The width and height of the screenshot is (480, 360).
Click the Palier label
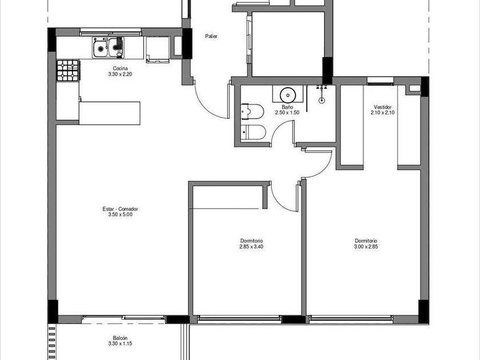pyautogui.click(x=211, y=37)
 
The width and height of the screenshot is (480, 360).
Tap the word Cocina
pyautogui.click(x=120, y=68)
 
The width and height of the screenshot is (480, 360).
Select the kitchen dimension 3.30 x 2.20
pyautogui.click(x=120, y=74)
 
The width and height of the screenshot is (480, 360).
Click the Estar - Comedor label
pyautogui.click(x=120, y=209)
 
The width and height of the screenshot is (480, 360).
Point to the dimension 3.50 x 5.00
pyautogui.click(x=120, y=215)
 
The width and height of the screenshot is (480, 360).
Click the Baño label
pyautogui.click(x=287, y=107)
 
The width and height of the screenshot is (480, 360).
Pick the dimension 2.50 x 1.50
pyautogui.click(x=287, y=113)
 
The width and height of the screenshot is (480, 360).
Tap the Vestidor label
pyautogui.click(x=382, y=107)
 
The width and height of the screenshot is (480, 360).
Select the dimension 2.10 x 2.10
pyautogui.click(x=382, y=113)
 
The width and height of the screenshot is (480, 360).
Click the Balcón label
pyautogui.click(x=120, y=338)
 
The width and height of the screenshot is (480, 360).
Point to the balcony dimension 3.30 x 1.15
pyautogui.click(x=120, y=344)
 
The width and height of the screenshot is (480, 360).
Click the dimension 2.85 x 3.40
pyautogui.click(x=251, y=246)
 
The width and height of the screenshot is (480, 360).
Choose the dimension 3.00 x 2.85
pyautogui.click(x=366, y=246)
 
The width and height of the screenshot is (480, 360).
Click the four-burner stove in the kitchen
pyautogui.click(x=68, y=71)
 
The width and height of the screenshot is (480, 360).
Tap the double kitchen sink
pyautogui.click(x=108, y=47)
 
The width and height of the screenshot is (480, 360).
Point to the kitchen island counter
pyautogui.click(x=110, y=113)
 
